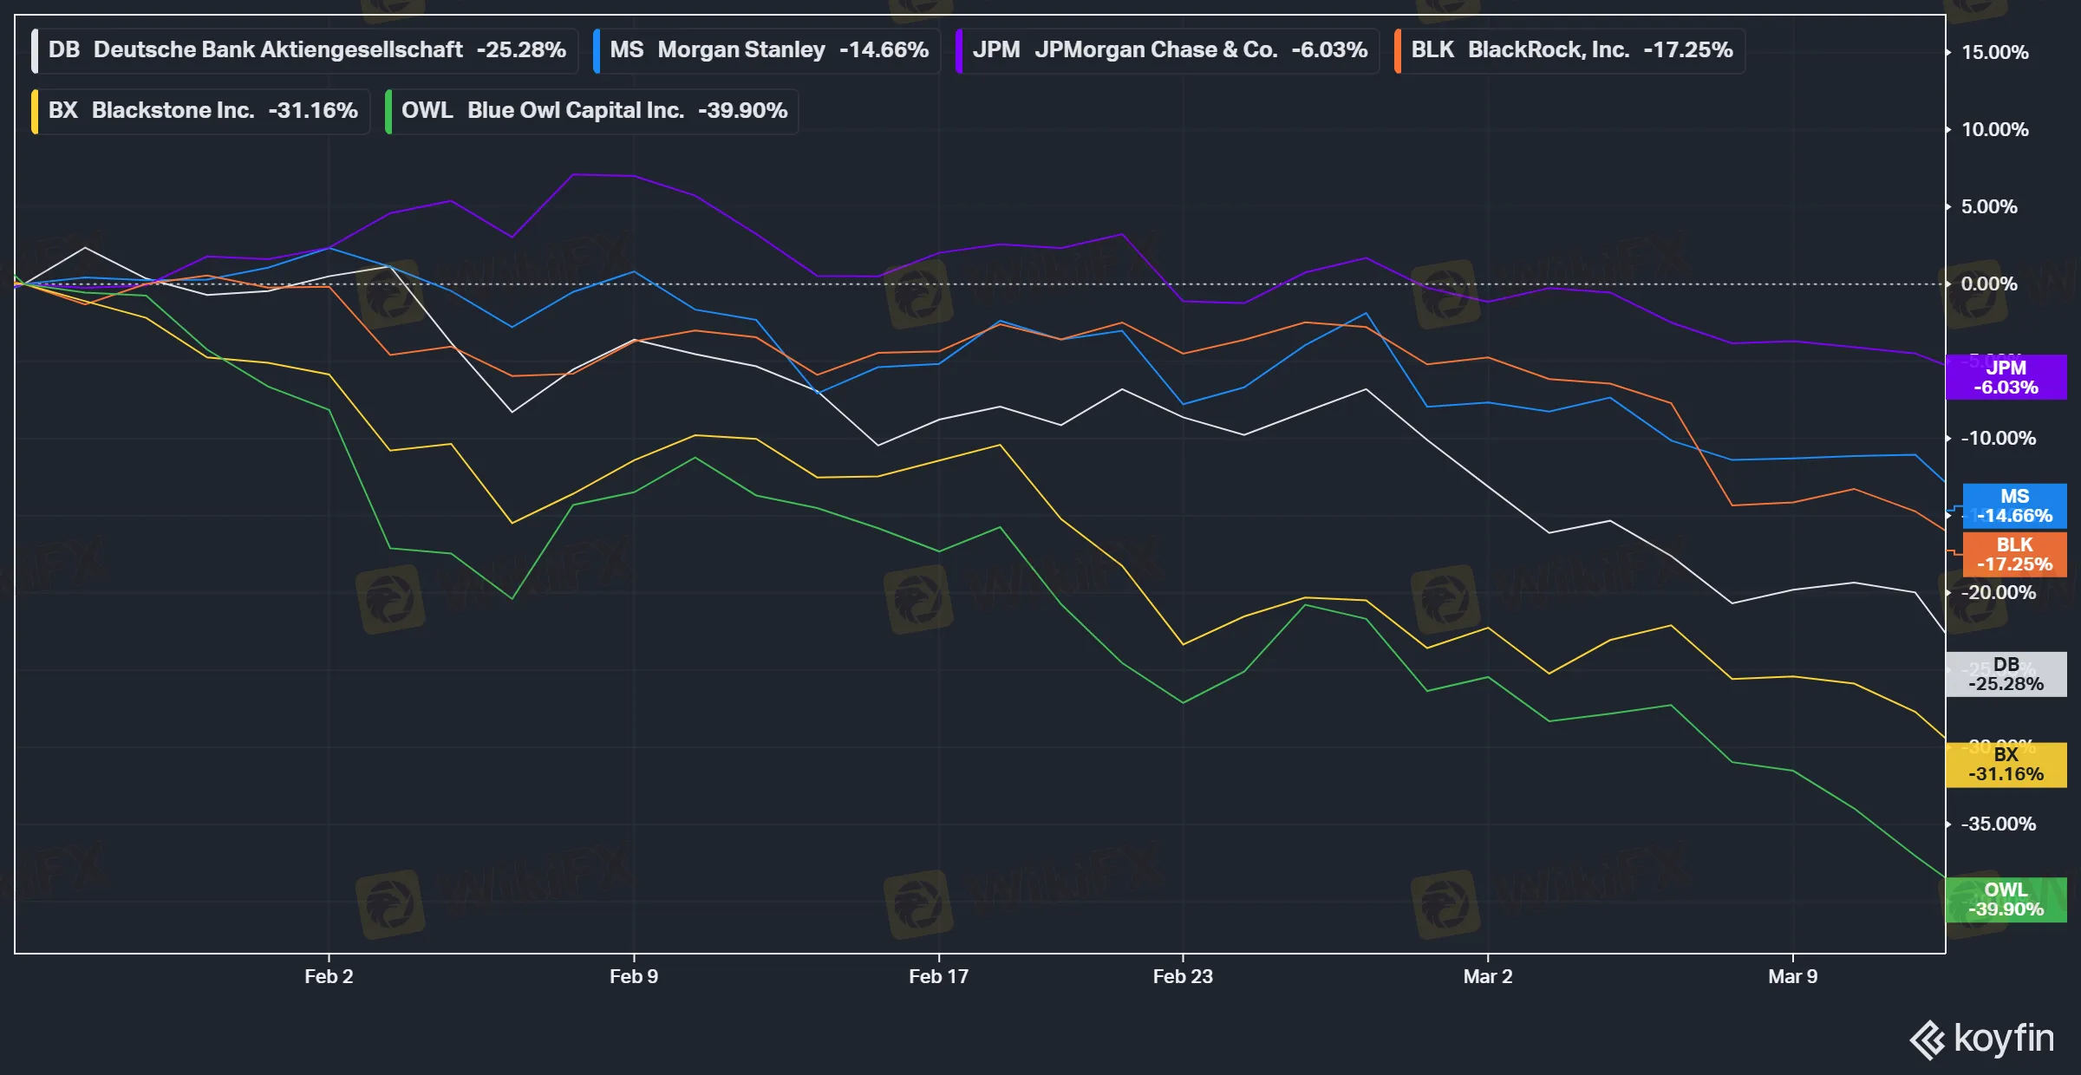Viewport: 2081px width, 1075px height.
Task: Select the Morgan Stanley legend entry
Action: click(767, 50)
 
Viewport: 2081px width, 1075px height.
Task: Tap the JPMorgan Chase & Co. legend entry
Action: click(1167, 50)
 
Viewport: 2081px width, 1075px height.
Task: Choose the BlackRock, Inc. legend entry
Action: click(1569, 50)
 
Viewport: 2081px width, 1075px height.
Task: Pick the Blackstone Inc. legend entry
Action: click(201, 111)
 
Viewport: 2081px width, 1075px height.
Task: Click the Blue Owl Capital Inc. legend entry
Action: click(592, 111)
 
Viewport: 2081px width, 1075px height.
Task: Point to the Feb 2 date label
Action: click(329, 976)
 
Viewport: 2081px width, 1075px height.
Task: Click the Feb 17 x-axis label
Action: click(938, 976)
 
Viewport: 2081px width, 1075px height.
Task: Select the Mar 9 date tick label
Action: click(1792, 976)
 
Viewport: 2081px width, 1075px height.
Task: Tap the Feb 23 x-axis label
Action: click(1183, 976)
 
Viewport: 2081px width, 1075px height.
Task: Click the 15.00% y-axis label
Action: click(1994, 53)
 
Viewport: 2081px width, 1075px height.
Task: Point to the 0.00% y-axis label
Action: click(1989, 284)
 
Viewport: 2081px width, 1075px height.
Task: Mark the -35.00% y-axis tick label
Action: click(1998, 824)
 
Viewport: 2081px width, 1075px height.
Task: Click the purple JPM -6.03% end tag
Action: click(2006, 378)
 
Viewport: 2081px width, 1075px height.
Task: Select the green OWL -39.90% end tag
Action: click(2006, 900)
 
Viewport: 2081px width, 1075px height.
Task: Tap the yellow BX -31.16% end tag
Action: click(2006, 765)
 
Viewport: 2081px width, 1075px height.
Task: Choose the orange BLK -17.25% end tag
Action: click(2013, 555)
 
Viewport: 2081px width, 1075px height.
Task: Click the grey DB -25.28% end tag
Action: click(2006, 674)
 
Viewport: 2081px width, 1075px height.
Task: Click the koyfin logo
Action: click(1982, 1039)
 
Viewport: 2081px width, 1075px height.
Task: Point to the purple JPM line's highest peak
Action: click(575, 175)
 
